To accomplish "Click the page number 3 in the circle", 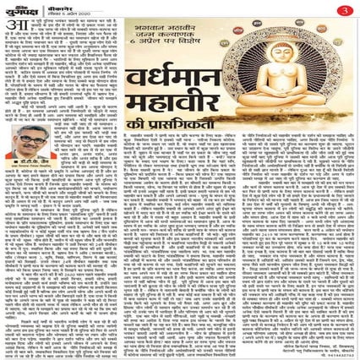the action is pyautogui.click(x=346, y=8).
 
